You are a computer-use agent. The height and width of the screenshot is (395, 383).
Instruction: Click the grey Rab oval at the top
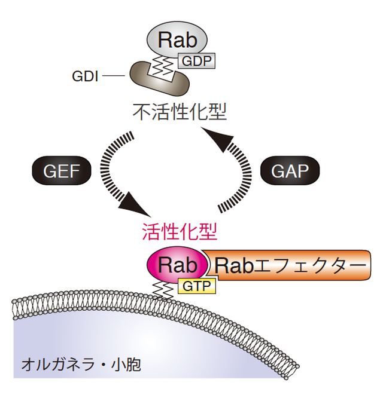click(177, 39)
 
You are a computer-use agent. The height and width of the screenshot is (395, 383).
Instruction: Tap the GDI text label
click(86, 76)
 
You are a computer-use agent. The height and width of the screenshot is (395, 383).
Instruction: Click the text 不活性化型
click(181, 112)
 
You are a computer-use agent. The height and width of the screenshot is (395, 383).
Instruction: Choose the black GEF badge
click(61, 172)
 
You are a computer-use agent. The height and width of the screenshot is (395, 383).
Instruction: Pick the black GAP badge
click(290, 172)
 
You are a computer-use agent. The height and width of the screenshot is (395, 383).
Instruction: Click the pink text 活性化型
click(179, 231)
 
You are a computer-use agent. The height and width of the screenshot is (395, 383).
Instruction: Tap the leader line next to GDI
click(113, 76)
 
